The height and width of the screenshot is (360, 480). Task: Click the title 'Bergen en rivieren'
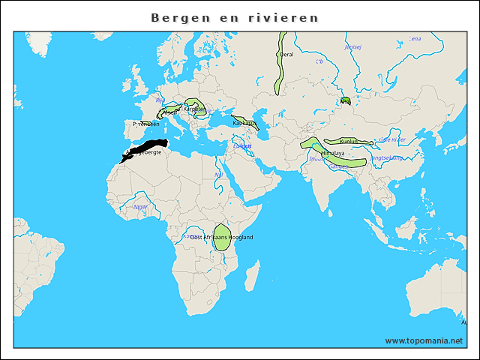pos(234,17)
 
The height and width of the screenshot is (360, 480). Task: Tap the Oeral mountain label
pos(286,54)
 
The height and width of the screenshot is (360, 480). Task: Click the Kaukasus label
pos(244,122)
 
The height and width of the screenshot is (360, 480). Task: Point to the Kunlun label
pos(349,141)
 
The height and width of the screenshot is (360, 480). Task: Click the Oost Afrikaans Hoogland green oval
pos(222,237)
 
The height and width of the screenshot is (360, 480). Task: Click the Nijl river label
pos(219,175)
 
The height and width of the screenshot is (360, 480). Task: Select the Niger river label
pos(140,206)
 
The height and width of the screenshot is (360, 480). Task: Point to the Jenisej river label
pos(352,46)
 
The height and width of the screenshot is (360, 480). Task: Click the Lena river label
pos(415,38)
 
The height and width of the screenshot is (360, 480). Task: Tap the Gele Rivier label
pos(392,140)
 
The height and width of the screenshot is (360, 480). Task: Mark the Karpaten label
pos(195,109)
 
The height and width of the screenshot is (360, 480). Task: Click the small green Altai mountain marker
pos(345,100)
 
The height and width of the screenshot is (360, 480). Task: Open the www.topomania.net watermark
pos(424,340)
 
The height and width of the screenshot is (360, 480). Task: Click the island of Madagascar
pos(252,271)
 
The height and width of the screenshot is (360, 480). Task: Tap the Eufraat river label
pos(242,145)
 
